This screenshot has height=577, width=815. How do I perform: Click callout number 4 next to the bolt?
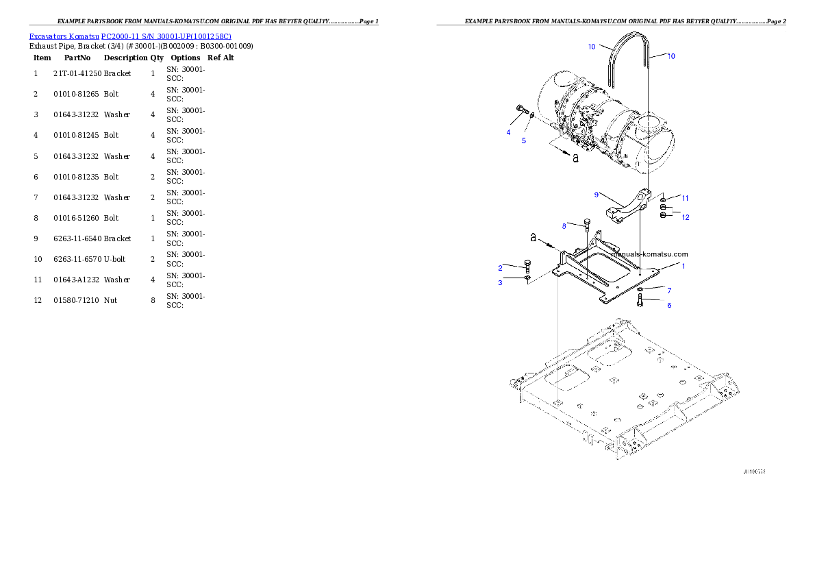click(x=508, y=132)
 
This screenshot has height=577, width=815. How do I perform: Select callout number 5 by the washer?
click(x=524, y=140)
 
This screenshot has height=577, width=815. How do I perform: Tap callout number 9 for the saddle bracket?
click(x=597, y=195)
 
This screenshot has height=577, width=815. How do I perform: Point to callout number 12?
click(x=686, y=217)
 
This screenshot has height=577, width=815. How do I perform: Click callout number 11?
click(x=685, y=198)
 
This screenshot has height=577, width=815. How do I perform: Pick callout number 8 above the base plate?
click(x=564, y=225)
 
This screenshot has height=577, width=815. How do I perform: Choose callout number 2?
click(x=501, y=267)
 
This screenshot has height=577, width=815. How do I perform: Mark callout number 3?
click(x=501, y=282)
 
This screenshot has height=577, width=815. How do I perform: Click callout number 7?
click(x=669, y=291)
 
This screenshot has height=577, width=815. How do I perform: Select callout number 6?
click(x=669, y=305)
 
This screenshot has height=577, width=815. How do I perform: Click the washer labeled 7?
click(x=638, y=291)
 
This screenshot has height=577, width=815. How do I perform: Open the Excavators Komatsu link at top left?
click(x=130, y=36)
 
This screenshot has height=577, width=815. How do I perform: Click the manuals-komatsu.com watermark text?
click(x=649, y=254)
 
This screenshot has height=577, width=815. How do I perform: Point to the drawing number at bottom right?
click(x=754, y=472)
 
